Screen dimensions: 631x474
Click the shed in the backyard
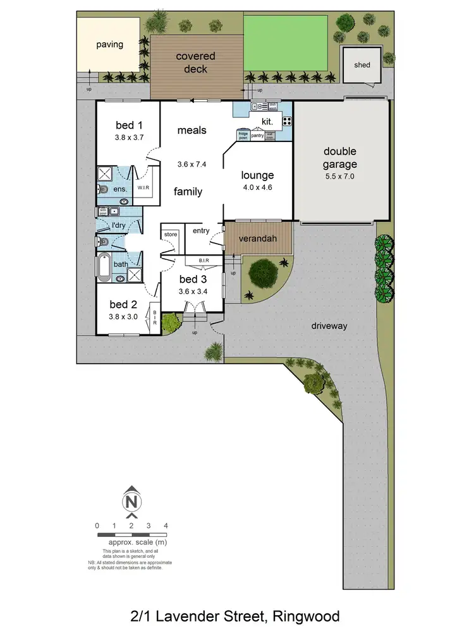pyautogui.click(x=362, y=65)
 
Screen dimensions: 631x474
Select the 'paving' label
pyautogui.click(x=109, y=45)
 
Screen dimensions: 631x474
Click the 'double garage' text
pyautogui.click(x=340, y=158)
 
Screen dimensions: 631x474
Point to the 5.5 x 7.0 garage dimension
pyautogui.click(x=340, y=177)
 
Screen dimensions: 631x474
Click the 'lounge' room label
pyautogui.click(x=258, y=175)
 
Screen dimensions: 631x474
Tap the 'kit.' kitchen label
pyautogui.click(x=267, y=121)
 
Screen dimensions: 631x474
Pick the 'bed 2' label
pyautogui.click(x=123, y=304)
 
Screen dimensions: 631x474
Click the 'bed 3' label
pyautogui.click(x=192, y=279)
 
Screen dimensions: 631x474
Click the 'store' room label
pyautogui.click(x=171, y=235)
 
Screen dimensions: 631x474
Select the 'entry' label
pyautogui.click(x=201, y=231)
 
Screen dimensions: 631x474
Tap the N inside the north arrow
pyautogui.click(x=131, y=502)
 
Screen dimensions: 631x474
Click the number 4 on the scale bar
pyautogui.click(x=165, y=526)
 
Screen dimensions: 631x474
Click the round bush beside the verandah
pyautogui.click(x=263, y=273)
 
